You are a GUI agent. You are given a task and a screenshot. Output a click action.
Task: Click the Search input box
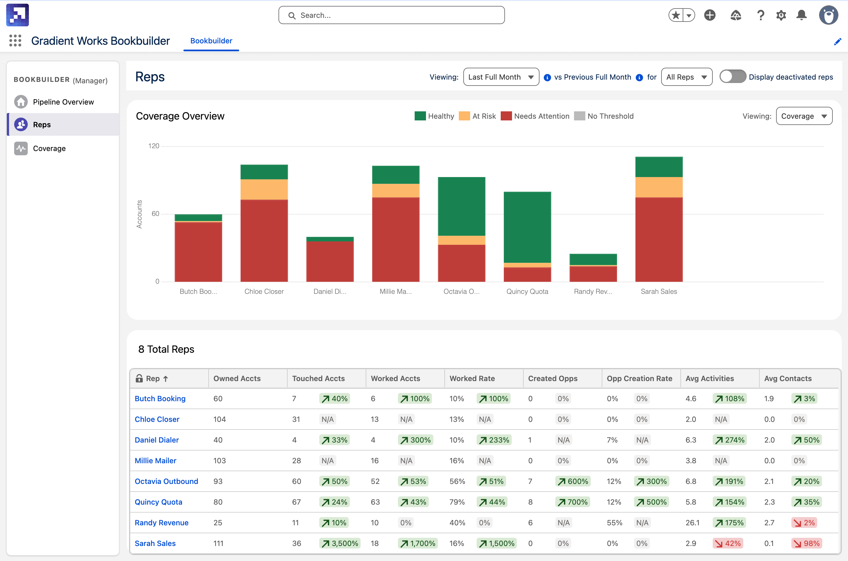[391, 15]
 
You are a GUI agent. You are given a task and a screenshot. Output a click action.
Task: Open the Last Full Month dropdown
[501, 77]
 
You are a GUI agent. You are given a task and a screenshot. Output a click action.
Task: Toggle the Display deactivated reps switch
[732, 76]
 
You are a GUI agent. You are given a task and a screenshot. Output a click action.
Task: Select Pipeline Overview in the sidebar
[63, 102]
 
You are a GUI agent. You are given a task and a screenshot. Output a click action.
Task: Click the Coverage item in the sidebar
[49, 148]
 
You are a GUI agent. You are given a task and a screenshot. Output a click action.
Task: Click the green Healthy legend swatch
[420, 116]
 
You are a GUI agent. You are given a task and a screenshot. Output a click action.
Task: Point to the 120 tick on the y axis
[154, 146]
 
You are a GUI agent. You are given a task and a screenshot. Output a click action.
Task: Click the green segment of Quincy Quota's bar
[527, 227]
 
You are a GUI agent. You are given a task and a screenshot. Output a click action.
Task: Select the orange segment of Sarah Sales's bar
[659, 187]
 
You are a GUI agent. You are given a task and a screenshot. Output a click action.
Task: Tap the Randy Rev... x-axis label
[593, 292]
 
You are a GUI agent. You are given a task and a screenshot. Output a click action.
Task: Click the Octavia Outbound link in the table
[166, 481]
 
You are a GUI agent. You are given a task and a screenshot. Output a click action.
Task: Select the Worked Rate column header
[472, 379]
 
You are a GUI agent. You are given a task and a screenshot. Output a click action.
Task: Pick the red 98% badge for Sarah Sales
[807, 543]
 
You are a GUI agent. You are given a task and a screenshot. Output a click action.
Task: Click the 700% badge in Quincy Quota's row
[573, 502]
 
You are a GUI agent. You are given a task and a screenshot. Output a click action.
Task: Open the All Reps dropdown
[686, 77]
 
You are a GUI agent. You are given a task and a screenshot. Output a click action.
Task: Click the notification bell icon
[801, 15]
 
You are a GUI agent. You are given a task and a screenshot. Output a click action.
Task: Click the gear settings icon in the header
[781, 15]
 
